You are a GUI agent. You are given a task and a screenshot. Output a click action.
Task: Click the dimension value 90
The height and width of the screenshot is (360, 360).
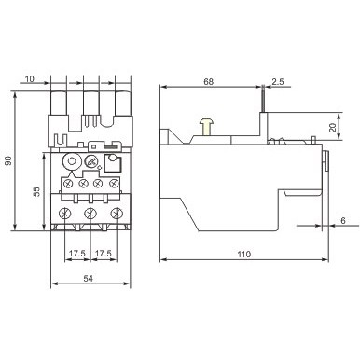(x=9, y=160)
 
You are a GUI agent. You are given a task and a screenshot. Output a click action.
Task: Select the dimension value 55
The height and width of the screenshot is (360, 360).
(x=36, y=191)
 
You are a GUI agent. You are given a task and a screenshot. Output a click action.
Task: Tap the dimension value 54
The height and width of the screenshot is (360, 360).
(x=88, y=279)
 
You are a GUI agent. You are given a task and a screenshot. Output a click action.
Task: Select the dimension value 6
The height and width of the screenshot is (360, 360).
(x=342, y=220)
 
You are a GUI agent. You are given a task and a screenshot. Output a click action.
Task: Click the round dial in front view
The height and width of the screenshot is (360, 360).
(x=91, y=162)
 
